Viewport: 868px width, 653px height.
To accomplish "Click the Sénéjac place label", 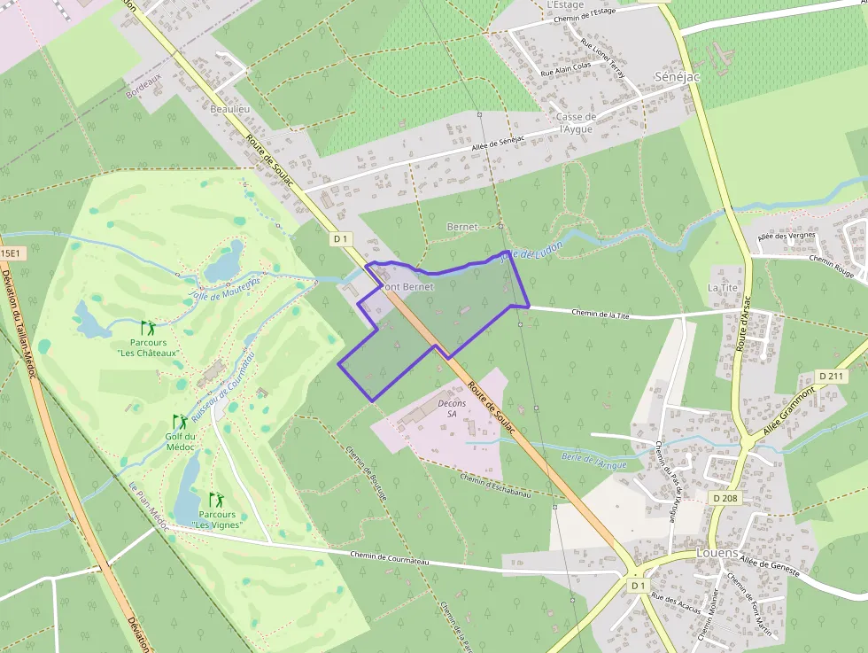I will coord(677,77).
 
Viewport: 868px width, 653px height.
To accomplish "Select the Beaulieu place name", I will coord(230,108).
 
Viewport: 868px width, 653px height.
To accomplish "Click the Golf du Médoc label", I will coord(180,441).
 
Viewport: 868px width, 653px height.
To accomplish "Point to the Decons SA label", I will coord(452,408).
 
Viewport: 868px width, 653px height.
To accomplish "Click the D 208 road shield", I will coord(725,499).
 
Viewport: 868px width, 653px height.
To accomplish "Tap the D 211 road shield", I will coord(831,377).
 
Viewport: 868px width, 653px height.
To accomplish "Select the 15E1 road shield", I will coord(10,253).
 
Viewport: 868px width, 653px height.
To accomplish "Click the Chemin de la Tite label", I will coord(601,313).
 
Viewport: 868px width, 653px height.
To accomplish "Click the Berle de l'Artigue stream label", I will coord(593,461).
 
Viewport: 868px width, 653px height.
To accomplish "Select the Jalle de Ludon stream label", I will coord(520,252).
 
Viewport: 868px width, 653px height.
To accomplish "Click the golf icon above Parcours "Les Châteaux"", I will coord(147,328).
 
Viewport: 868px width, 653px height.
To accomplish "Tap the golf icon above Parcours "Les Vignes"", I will coord(216,500).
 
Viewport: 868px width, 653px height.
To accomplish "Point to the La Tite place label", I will coord(722,288).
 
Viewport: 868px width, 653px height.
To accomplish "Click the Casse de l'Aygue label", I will coord(575,123).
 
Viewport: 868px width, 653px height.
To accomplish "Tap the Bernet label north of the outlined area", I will coord(462,227).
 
